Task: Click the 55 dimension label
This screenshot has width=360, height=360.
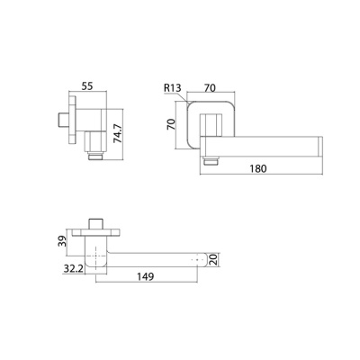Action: pos(87,86)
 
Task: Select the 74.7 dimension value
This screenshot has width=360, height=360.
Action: pos(118,134)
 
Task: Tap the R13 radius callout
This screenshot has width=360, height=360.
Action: pos(173,88)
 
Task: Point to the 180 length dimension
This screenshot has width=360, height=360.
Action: pos(258,168)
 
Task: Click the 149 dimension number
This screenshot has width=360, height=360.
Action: pos(146,276)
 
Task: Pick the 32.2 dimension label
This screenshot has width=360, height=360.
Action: pos(73,269)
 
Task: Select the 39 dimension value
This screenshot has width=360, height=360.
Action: pos(62,241)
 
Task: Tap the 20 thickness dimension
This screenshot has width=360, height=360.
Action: pos(213,259)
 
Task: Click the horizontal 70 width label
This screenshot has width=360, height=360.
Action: pos(210,88)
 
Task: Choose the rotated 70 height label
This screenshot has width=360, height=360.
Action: pos(171,124)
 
